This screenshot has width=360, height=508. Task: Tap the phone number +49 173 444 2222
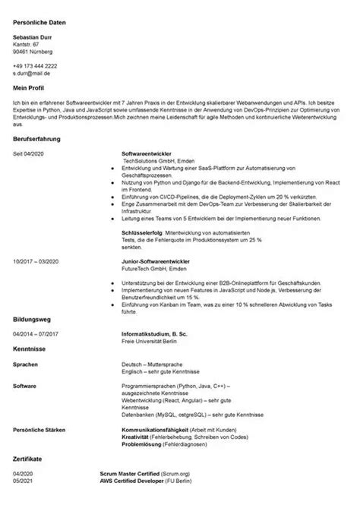(35, 66)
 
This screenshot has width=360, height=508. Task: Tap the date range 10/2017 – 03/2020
(35, 260)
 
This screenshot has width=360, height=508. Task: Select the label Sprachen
(27, 364)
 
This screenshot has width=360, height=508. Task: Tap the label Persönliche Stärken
(39, 430)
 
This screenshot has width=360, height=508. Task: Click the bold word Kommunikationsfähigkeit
(156, 430)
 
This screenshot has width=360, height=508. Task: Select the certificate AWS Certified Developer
(136, 481)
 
